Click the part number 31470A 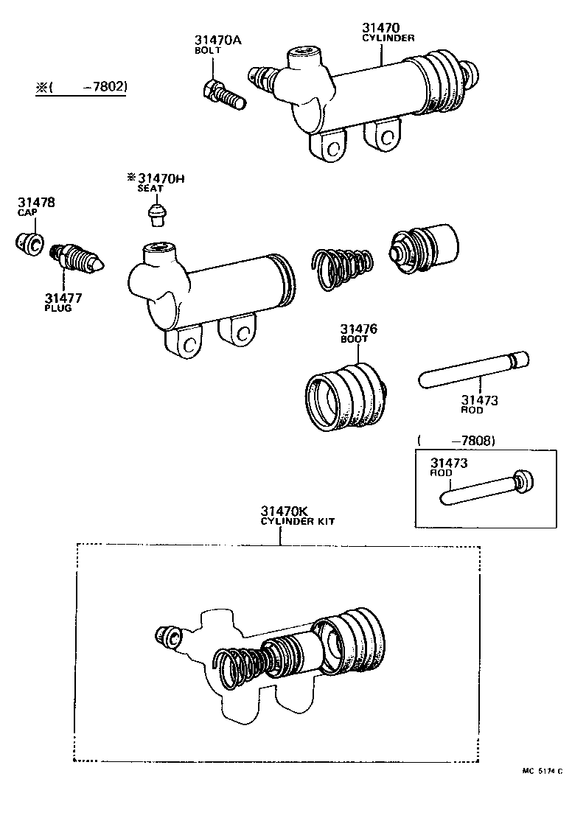point(217,40)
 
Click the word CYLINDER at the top point(388,38)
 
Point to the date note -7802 point(105,87)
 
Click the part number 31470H point(155,178)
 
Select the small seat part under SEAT point(156,216)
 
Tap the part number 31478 point(37,202)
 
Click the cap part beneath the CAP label point(31,244)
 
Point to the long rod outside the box point(472,370)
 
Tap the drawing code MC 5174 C point(541,771)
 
